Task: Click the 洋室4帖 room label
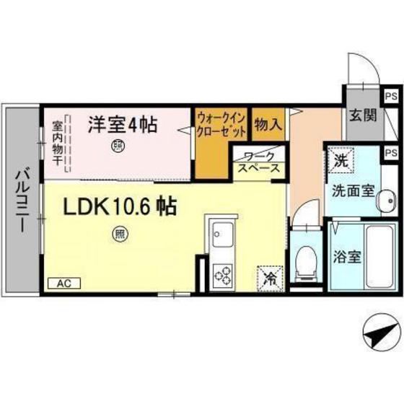123,124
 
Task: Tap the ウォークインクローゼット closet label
221,125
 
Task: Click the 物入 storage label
268,125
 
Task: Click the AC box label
64,283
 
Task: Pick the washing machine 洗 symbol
339,159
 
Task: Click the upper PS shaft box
390,95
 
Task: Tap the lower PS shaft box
390,153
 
